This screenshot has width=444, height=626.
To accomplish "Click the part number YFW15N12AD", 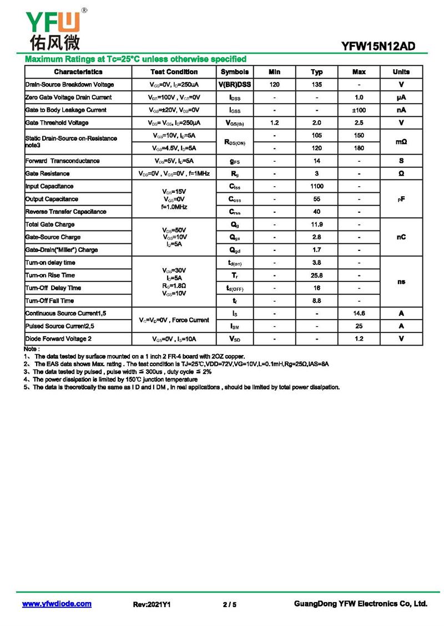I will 378,47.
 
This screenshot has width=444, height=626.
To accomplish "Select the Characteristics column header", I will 78,72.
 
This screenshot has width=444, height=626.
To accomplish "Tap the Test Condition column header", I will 174,72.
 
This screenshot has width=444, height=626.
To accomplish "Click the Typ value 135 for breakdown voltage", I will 317,85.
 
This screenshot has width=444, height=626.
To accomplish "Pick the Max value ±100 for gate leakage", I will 359,110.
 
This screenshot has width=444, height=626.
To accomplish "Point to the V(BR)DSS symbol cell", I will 235,85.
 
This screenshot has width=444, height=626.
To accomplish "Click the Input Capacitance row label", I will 49,187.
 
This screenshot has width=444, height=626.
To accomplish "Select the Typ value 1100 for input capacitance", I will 317,187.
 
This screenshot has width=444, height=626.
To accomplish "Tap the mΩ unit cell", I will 401,142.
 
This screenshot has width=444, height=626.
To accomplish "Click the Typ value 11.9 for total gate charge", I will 317,225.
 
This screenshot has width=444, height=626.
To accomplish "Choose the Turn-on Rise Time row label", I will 50,275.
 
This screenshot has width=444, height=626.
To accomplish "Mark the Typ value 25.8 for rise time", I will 317,275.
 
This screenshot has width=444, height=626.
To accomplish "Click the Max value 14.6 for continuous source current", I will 359,314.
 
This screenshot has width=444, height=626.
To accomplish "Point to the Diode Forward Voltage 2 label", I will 58,339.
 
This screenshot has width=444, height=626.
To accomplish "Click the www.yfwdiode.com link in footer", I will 57,604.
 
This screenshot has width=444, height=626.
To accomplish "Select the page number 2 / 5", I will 229,604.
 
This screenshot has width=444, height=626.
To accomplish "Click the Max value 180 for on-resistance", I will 359,148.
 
